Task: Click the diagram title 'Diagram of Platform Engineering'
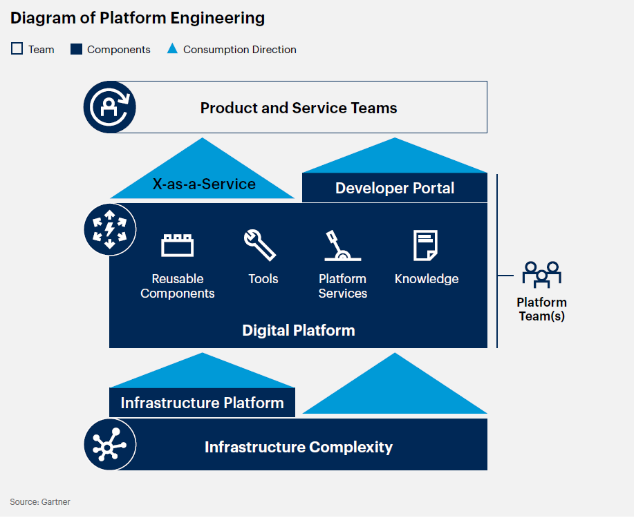pyautogui.click(x=137, y=18)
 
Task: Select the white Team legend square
pyautogui.click(x=17, y=49)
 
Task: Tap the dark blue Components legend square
pyautogui.click(x=77, y=49)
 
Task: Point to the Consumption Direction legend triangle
pyautogui.click(x=173, y=49)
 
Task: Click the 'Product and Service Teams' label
pyautogui.click(x=299, y=108)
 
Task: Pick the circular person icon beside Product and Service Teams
pyautogui.click(x=109, y=107)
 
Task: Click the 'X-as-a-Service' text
pyautogui.click(x=204, y=184)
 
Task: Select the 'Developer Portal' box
pyautogui.click(x=395, y=188)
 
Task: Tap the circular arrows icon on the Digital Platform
pyautogui.click(x=109, y=229)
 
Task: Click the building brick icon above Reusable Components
pyautogui.click(x=178, y=245)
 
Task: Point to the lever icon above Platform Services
pyautogui.click(x=342, y=246)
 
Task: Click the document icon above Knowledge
pyautogui.click(x=425, y=245)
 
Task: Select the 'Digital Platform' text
pyautogui.click(x=299, y=330)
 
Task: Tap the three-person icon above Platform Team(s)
pyautogui.click(x=541, y=274)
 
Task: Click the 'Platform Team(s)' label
pyautogui.click(x=541, y=309)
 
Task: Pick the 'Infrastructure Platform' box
pyautogui.click(x=202, y=403)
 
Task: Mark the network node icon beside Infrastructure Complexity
pyautogui.click(x=109, y=445)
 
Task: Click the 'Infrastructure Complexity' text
pyautogui.click(x=299, y=447)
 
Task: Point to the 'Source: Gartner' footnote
pyautogui.click(x=40, y=502)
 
